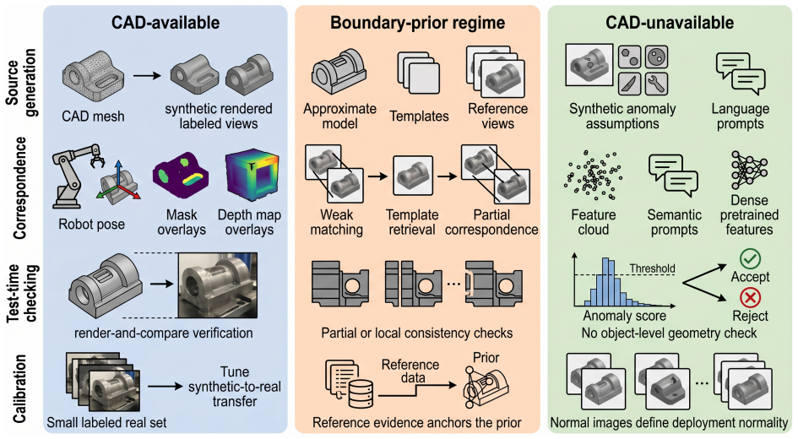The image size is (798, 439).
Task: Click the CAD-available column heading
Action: [x=166, y=23]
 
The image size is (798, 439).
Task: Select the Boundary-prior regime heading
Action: [x=417, y=23]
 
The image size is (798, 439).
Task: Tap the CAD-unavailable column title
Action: [x=670, y=23]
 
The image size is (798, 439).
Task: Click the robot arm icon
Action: [x=76, y=176]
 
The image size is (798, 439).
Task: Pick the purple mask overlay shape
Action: [x=181, y=176]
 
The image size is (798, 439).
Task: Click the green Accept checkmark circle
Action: [x=750, y=259]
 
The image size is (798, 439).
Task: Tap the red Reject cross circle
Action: [x=750, y=297]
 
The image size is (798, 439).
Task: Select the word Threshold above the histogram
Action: [x=652, y=268]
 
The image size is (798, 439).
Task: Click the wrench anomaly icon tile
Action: [x=656, y=84]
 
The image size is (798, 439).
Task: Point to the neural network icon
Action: [x=749, y=171]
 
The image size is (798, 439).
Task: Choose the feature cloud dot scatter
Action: [x=593, y=176]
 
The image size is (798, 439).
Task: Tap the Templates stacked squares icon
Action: [x=418, y=73]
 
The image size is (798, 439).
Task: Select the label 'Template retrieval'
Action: [x=412, y=222]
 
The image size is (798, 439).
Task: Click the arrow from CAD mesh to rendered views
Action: [x=147, y=76]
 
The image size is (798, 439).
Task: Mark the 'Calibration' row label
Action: [x=19, y=389]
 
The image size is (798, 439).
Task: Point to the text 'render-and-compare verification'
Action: [x=163, y=333]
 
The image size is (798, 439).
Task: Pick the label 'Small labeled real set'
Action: [x=106, y=423]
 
